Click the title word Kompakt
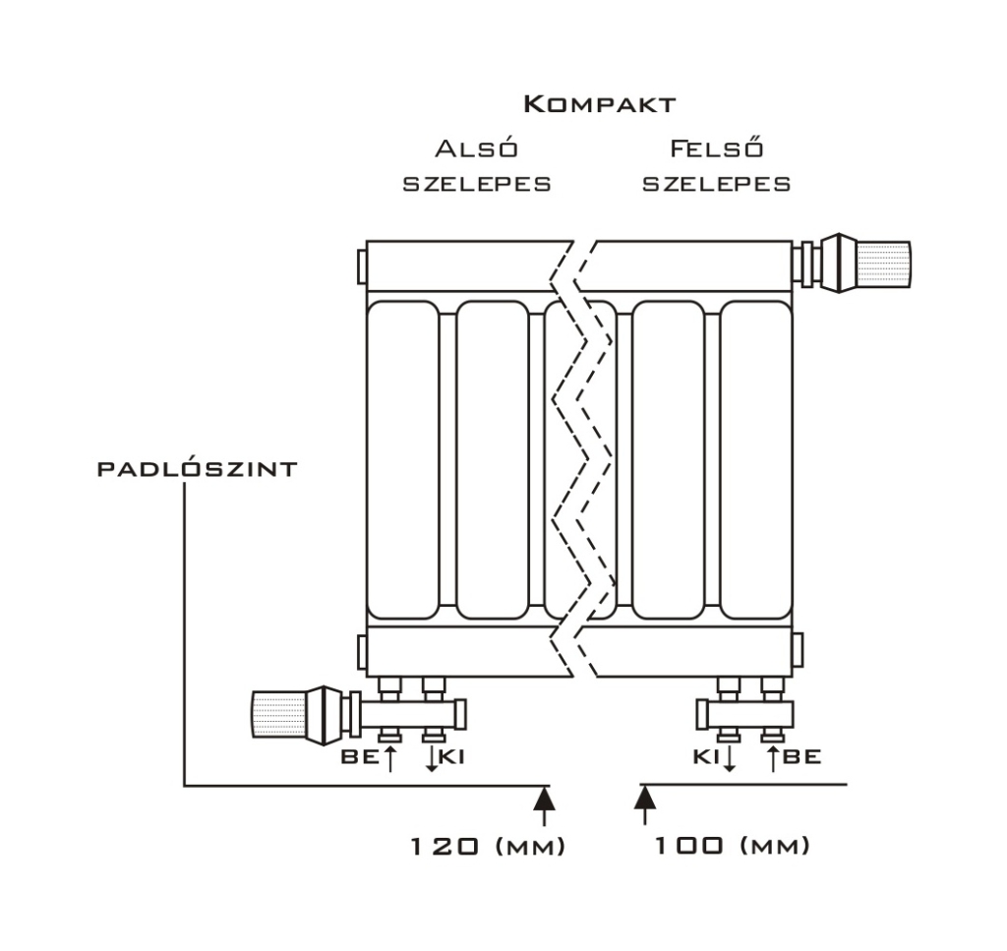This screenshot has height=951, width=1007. coord(599,104)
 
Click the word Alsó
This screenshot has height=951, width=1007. coord(477,149)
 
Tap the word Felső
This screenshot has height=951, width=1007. coord(717,149)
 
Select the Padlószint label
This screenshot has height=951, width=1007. coord(197,469)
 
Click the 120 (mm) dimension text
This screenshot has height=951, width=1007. coord(488,846)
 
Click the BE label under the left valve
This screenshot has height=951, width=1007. coord(359,757)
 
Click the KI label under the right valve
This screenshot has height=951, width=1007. coord(705,757)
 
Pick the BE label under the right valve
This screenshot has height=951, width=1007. coord(802,757)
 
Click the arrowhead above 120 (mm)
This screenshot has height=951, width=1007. coord(543,797)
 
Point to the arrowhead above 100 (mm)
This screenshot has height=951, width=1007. coord(645,797)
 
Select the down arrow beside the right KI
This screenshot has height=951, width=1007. coord(729,758)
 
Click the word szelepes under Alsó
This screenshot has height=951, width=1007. coord(477,184)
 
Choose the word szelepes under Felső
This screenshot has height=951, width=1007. coord(717,184)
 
